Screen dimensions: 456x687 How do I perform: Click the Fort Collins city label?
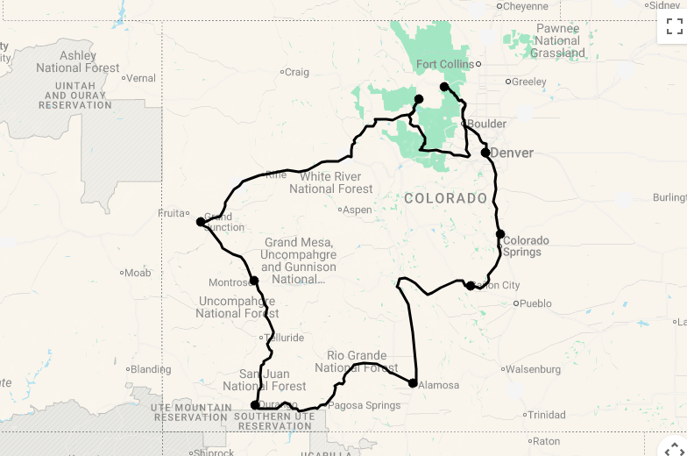444,64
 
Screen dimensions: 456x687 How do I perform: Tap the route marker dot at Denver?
485,153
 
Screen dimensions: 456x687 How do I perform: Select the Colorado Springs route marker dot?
500,234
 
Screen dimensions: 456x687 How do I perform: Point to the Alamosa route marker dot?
413,383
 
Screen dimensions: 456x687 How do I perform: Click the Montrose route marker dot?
254,281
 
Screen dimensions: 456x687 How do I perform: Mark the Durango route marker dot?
255,405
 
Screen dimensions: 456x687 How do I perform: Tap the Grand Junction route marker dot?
201,222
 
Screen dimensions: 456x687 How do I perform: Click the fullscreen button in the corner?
673,26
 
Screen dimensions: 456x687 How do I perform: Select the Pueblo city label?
535,303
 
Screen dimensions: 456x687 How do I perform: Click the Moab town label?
138,273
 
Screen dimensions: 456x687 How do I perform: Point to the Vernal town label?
140,78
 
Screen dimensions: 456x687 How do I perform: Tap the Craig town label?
297,72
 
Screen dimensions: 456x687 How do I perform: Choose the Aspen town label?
357,210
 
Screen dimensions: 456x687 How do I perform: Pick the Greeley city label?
528,82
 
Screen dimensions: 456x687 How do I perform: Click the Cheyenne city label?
526,6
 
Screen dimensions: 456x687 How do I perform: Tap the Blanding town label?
151,369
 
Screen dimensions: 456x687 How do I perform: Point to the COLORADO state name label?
446,198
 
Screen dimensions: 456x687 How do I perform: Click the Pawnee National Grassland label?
558,40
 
